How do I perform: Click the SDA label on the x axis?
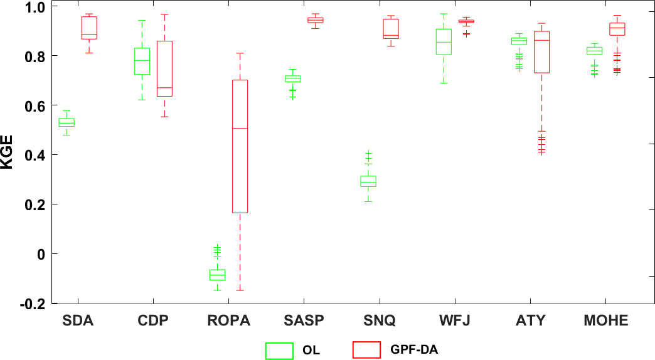[x=78, y=321]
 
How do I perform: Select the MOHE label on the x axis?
[x=605, y=321]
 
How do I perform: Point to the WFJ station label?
[x=455, y=321]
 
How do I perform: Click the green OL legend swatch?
[x=279, y=350]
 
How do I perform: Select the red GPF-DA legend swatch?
[x=366, y=350]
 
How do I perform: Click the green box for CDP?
[x=142, y=61]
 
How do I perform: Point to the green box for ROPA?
[x=217, y=275]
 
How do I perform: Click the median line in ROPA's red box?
[x=240, y=128]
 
